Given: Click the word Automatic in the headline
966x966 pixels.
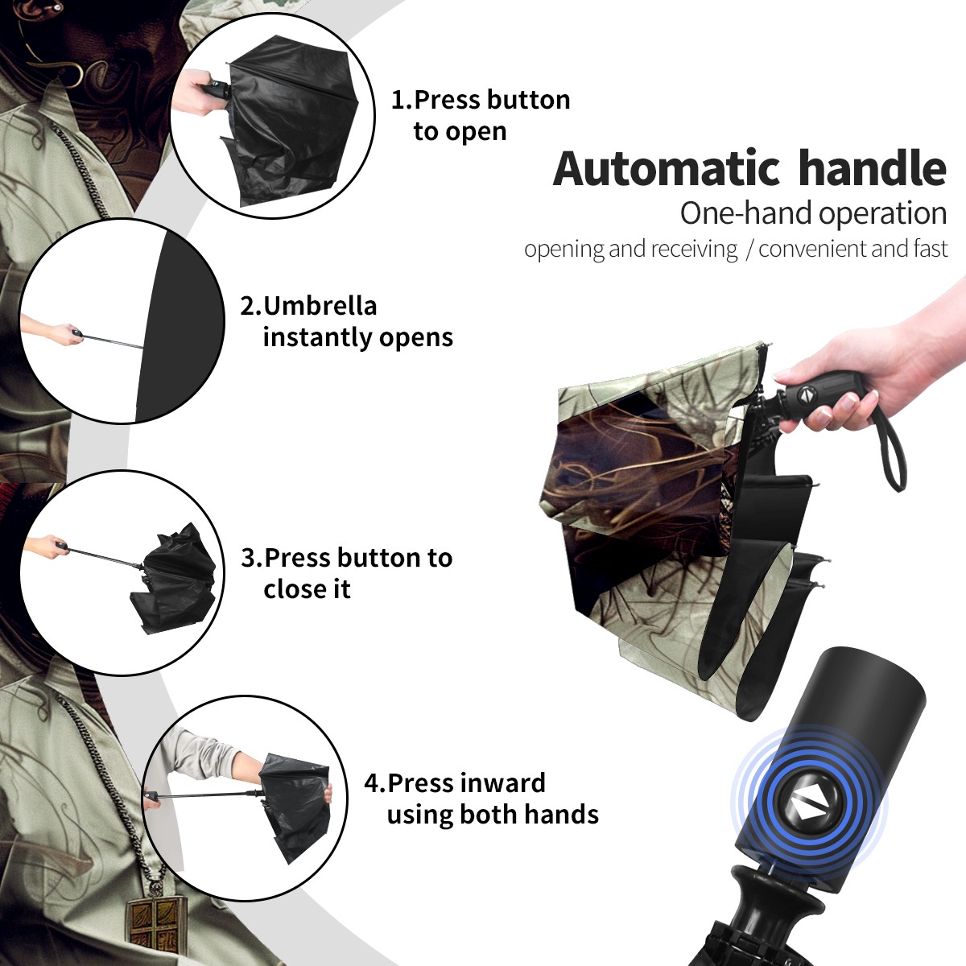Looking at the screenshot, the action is tap(667, 169).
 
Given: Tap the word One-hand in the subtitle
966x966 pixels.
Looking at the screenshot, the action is tap(747, 213).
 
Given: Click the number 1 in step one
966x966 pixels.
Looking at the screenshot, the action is tap(396, 100).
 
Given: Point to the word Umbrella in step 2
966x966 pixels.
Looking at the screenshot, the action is tap(320, 306).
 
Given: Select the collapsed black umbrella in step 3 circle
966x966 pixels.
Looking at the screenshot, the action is tap(173, 577).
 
